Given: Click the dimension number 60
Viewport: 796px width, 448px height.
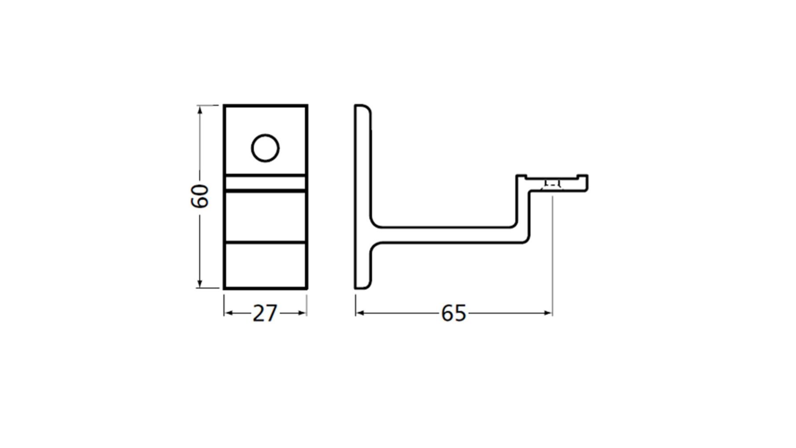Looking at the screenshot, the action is click(x=199, y=196).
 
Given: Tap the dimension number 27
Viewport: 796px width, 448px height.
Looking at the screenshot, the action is click(x=265, y=314).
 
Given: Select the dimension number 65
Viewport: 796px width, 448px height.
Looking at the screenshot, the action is click(x=453, y=314).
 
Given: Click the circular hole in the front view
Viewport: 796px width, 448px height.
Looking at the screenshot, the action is click(x=265, y=148).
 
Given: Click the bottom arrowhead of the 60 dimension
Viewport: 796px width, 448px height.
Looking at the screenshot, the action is click(x=200, y=283).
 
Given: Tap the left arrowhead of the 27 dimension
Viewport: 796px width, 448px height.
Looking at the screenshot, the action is click(x=229, y=313).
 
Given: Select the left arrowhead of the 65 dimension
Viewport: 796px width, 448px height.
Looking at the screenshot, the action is click(x=361, y=313).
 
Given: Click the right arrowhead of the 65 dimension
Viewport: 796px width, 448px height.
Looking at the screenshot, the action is click(x=547, y=313).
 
